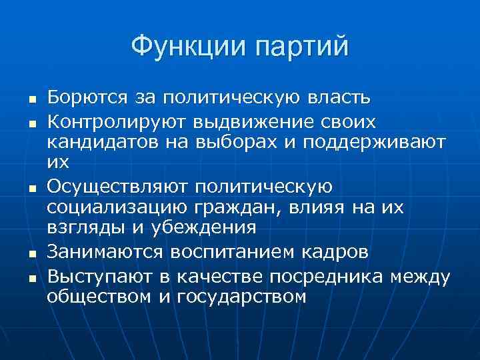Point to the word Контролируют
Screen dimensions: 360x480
(115, 123)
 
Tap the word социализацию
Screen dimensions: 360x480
(108, 207)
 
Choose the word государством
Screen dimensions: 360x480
(242, 296)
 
